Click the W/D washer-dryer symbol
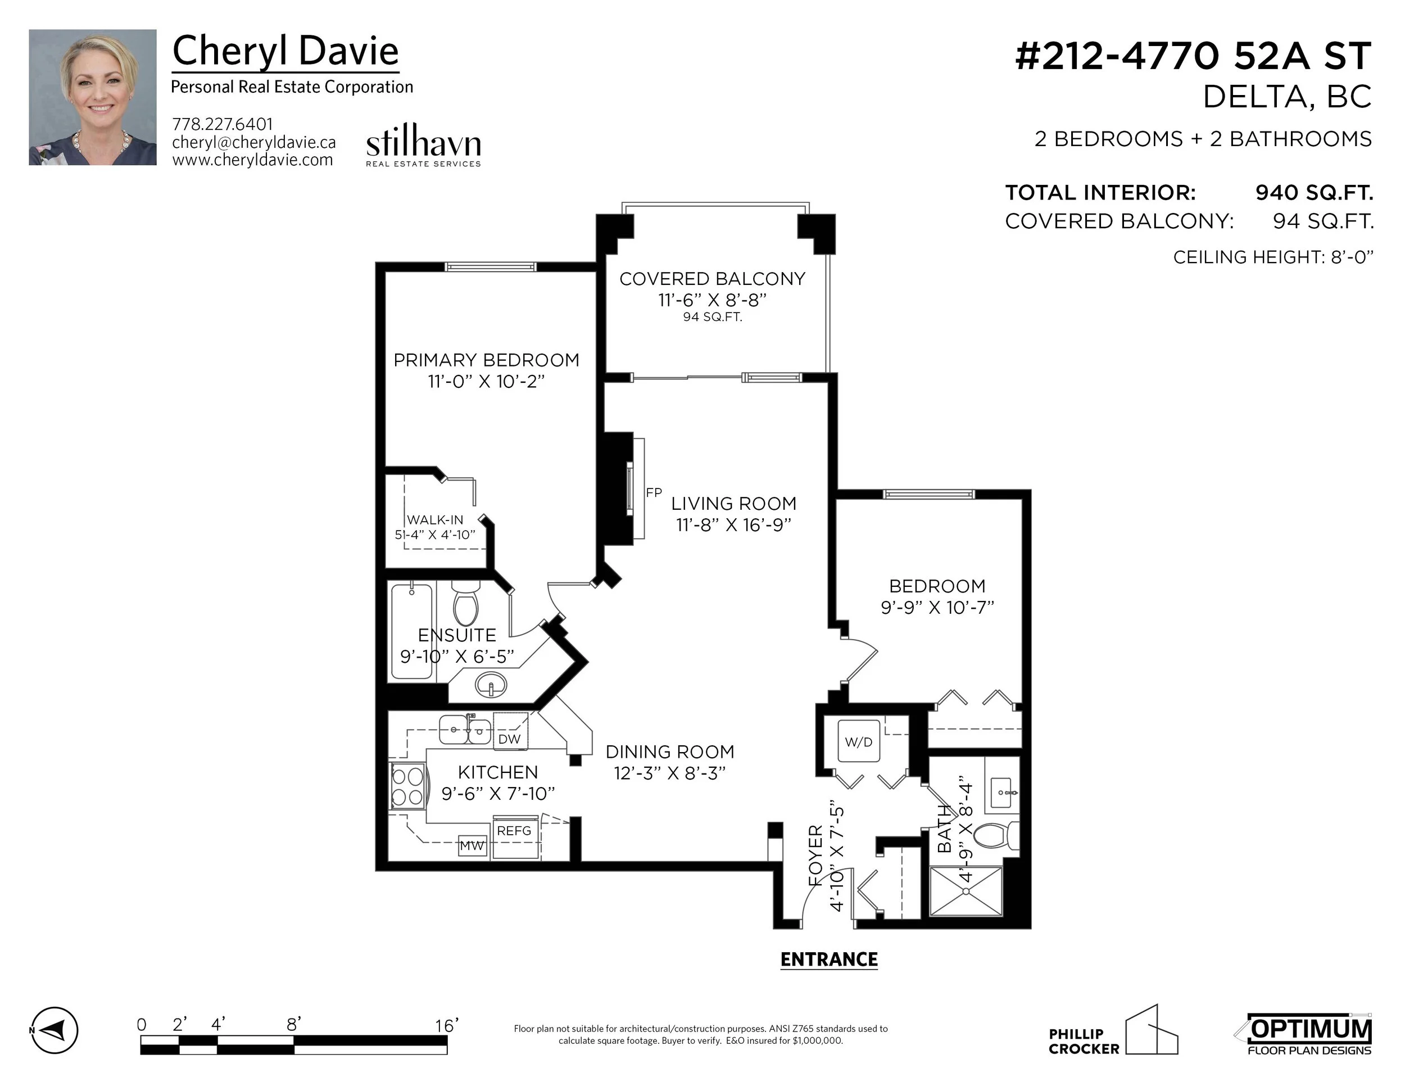tap(858, 742)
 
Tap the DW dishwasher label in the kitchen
tap(510, 739)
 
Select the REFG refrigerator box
tap(515, 837)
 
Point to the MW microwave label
tap(472, 846)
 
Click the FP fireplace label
tap(654, 493)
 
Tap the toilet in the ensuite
tap(465, 602)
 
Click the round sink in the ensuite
tap(491, 685)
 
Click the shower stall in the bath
tap(966, 891)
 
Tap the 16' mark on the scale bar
tap(446, 1025)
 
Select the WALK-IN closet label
tap(435, 520)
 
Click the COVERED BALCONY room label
tap(712, 279)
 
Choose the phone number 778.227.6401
tap(223, 124)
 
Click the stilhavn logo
tap(423, 146)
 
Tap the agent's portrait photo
tap(93, 97)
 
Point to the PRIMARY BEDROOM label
tap(486, 360)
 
